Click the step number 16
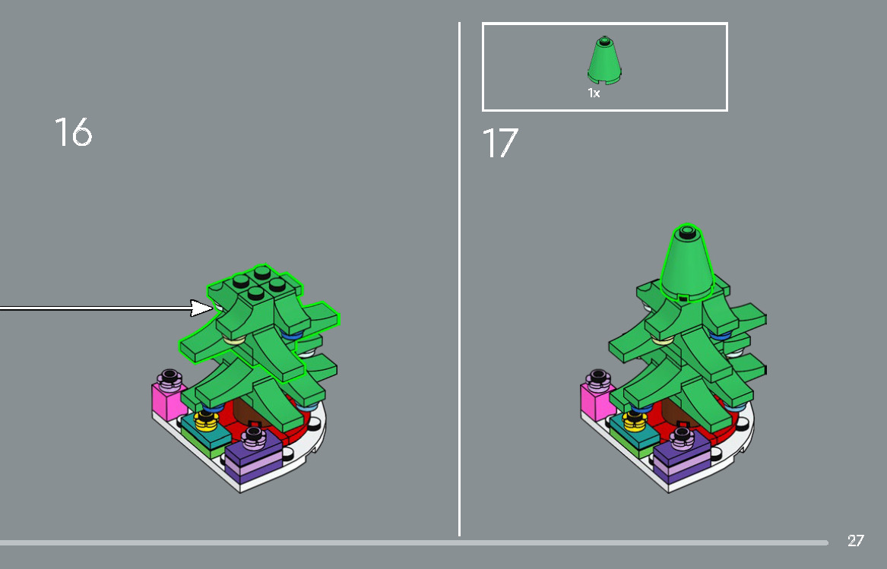click(73, 132)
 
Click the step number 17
click(500, 143)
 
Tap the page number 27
click(855, 541)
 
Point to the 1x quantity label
click(594, 93)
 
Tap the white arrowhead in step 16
click(203, 308)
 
